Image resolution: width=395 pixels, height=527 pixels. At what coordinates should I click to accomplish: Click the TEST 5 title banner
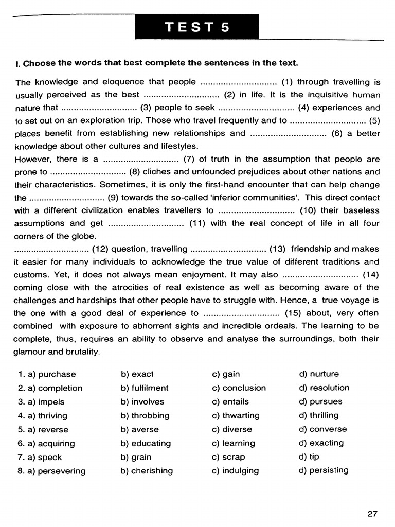tap(197, 27)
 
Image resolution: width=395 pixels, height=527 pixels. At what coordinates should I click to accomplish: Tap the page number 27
tap(373, 513)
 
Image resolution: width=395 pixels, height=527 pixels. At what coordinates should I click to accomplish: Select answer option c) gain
tap(226, 374)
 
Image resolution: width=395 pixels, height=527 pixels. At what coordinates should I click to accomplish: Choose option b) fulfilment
tap(145, 388)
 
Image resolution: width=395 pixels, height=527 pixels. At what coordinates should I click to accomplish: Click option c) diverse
tap(232, 429)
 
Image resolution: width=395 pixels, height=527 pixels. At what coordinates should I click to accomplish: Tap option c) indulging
tap(235, 470)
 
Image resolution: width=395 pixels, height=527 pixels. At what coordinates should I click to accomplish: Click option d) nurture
tap(319, 374)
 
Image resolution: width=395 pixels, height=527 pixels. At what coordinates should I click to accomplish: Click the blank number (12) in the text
tap(100, 249)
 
